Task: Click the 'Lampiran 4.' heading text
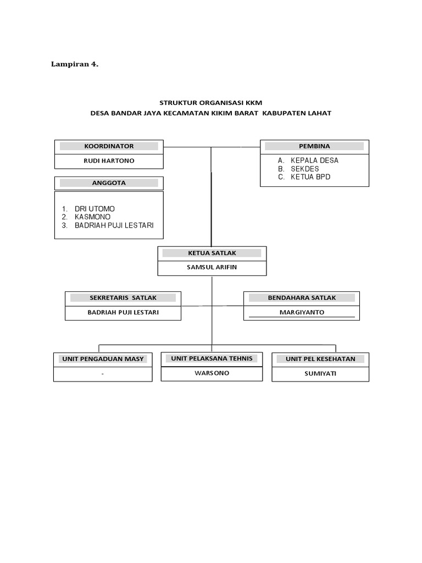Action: [x=75, y=64]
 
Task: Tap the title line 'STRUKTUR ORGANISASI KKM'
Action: [x=211, y=102]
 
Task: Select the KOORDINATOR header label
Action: [x=109, y=146]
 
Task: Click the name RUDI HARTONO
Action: [x=109, y=161]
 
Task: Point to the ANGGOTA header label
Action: [x=109, y=183]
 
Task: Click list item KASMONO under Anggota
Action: [x=92, y=217]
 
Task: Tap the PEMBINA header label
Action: [x=314, y=146]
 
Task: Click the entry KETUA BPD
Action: [x=310, y=177]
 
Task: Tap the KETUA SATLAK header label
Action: [x=212, y=253]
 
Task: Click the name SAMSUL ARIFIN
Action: [x=212, y=268]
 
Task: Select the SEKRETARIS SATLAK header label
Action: [x=123, y=297]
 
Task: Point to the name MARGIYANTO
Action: [x=302, y=312]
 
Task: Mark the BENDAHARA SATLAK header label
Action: [x=302, y=297]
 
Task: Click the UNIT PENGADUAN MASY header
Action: [x=103, y=359]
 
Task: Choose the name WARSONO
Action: [x=212, y=373]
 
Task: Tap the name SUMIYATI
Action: [x=320, y=374]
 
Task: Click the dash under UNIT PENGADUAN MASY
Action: [x=103, y=374]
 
